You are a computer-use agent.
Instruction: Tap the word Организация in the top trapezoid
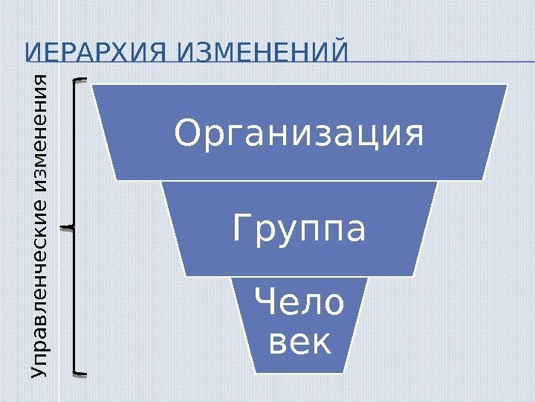pyautogui.click(x=299, y=134)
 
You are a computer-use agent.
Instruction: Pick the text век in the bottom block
pyautogui.click(x=299, y=343)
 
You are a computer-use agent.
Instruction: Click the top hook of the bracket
pyautogui.click(x=80, y=77)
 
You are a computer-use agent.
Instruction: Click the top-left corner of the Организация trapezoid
pyautogui.click(x=92, y=85)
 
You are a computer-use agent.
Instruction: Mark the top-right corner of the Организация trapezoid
pyautogui.click(x=508, y=85)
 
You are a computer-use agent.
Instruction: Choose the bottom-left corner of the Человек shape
pyautogui.click(x=253, y=371)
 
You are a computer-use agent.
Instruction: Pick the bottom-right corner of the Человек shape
pyautogui.click(x=346, y=371)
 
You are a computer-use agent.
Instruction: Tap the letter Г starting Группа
pyautogui.click(x=241, y=229)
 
